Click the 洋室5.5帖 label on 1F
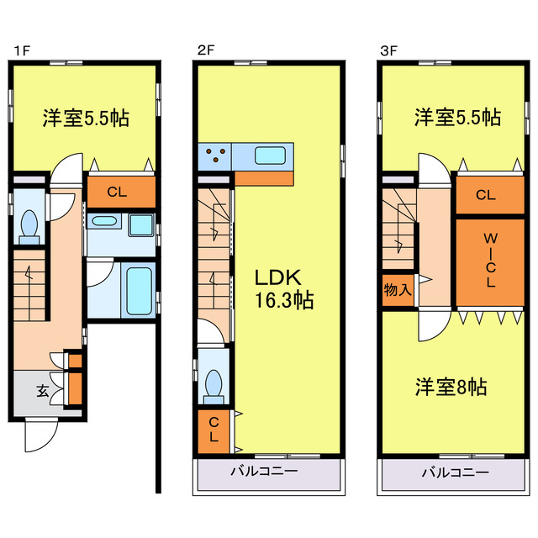click(x=85, y=118)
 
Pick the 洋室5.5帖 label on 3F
click(x=456, y=118)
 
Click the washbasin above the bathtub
click(x=104, y=222)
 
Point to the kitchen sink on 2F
click(x=271, y=156)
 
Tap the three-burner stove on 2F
click(x=217, y=156)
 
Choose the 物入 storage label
click(x=398, y=291)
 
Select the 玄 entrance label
click(x=41, y=390)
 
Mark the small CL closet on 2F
click(x=214, y=429)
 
